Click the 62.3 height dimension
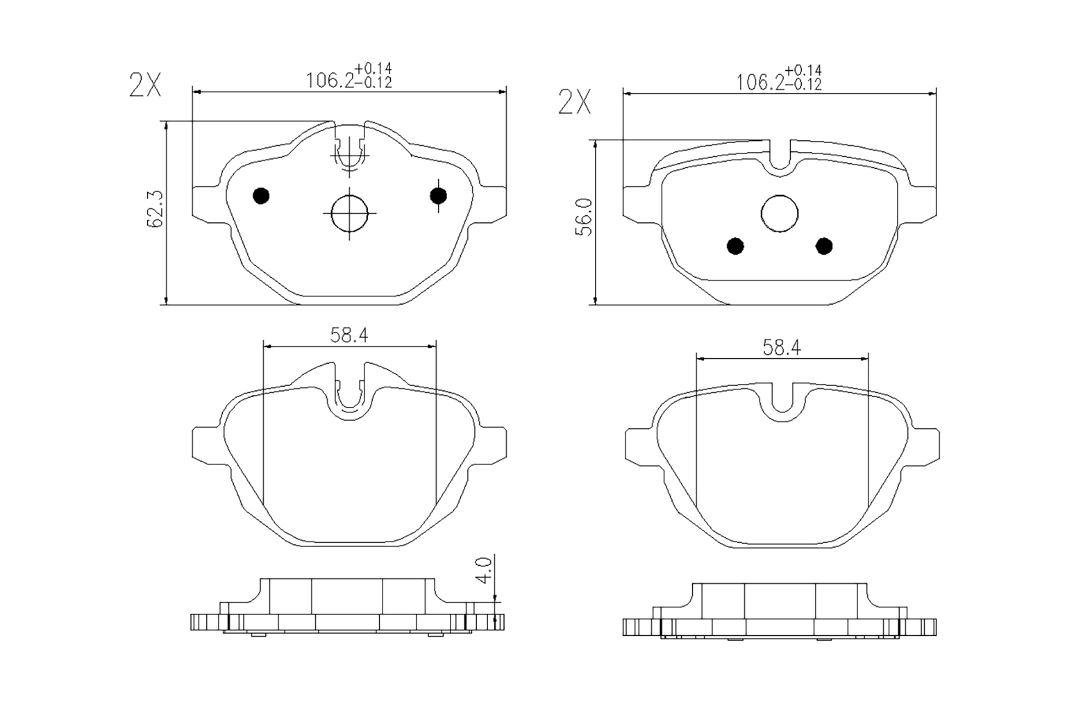tap(154, 209)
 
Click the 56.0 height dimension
tap(585, 217)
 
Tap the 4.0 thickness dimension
tap(485, 569)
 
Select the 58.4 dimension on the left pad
tap(349, 335)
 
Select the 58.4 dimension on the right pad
tap(782, 348)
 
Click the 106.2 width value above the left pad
tap(330, 81)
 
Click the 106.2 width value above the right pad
tap(759, 83)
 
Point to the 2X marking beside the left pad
tap(145, 85)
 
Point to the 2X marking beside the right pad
tap(575, 103)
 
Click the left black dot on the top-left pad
tap(261, 196)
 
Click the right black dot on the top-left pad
tap(438, 196)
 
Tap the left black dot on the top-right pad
tap(735, 246)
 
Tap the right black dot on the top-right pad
tap(824, 246)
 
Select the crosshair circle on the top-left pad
tap(349, 212)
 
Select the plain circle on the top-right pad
tap(780, 213)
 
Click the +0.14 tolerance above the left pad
tap(373, 69)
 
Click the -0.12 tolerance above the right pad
tap(803, 85)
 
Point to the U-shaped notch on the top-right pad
tap(780, 158)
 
